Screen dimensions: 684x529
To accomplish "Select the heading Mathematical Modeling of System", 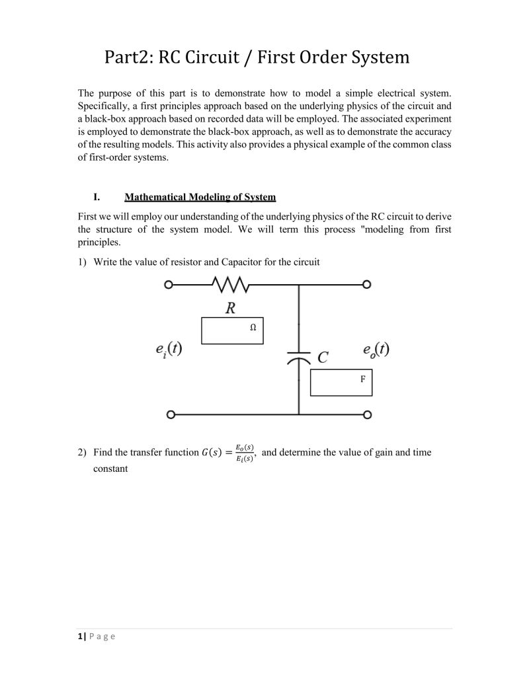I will tap(200, 197).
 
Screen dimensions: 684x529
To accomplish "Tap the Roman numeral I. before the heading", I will tap(97, 197).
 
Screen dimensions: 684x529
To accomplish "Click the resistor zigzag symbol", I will tap(229, 285).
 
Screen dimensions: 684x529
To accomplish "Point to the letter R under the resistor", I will tap(230, 307).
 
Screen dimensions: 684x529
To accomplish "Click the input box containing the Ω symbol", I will tap(232, 331).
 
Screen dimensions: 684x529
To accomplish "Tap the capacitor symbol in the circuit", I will tap(299, 358).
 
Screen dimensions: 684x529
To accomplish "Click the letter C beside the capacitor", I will tap(323, 358).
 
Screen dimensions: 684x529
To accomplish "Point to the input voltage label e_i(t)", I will tap(165, 350).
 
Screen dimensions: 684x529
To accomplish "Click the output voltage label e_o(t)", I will tap(375, 350).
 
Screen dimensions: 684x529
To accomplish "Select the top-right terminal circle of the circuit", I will tap(367, 285).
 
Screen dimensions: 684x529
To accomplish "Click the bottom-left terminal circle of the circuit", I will tap(171, 415).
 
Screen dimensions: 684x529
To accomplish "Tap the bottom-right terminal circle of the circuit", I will tap(367, 415).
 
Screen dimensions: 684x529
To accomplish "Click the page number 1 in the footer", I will tap(80, 636).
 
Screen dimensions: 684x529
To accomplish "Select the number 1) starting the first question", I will tap(82, 262).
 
